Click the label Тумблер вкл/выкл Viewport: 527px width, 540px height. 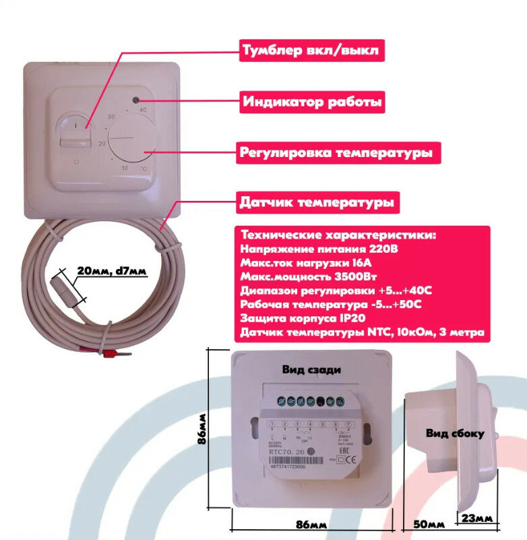click(x=311, y=51)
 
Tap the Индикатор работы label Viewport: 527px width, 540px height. click(x=312, y=102)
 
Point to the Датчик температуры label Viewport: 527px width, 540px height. click(x=316, y=202)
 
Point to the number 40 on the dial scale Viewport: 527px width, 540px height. click(x=142, y=109)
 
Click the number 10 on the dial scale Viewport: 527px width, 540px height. click(x=124, y=168)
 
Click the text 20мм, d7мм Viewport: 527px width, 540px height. click(x=111, y=272)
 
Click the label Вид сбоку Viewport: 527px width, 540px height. click(x=454, y=433)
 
